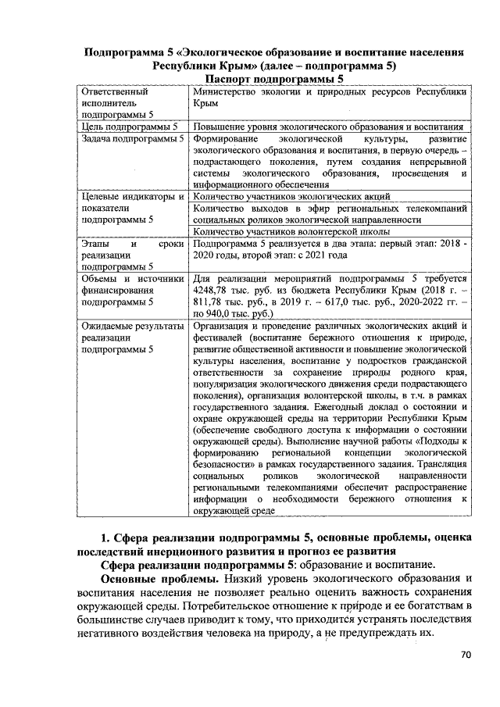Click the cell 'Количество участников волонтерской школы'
coord(291,230)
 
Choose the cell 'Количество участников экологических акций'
coord(291,196)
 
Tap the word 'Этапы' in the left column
coord(98,244)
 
